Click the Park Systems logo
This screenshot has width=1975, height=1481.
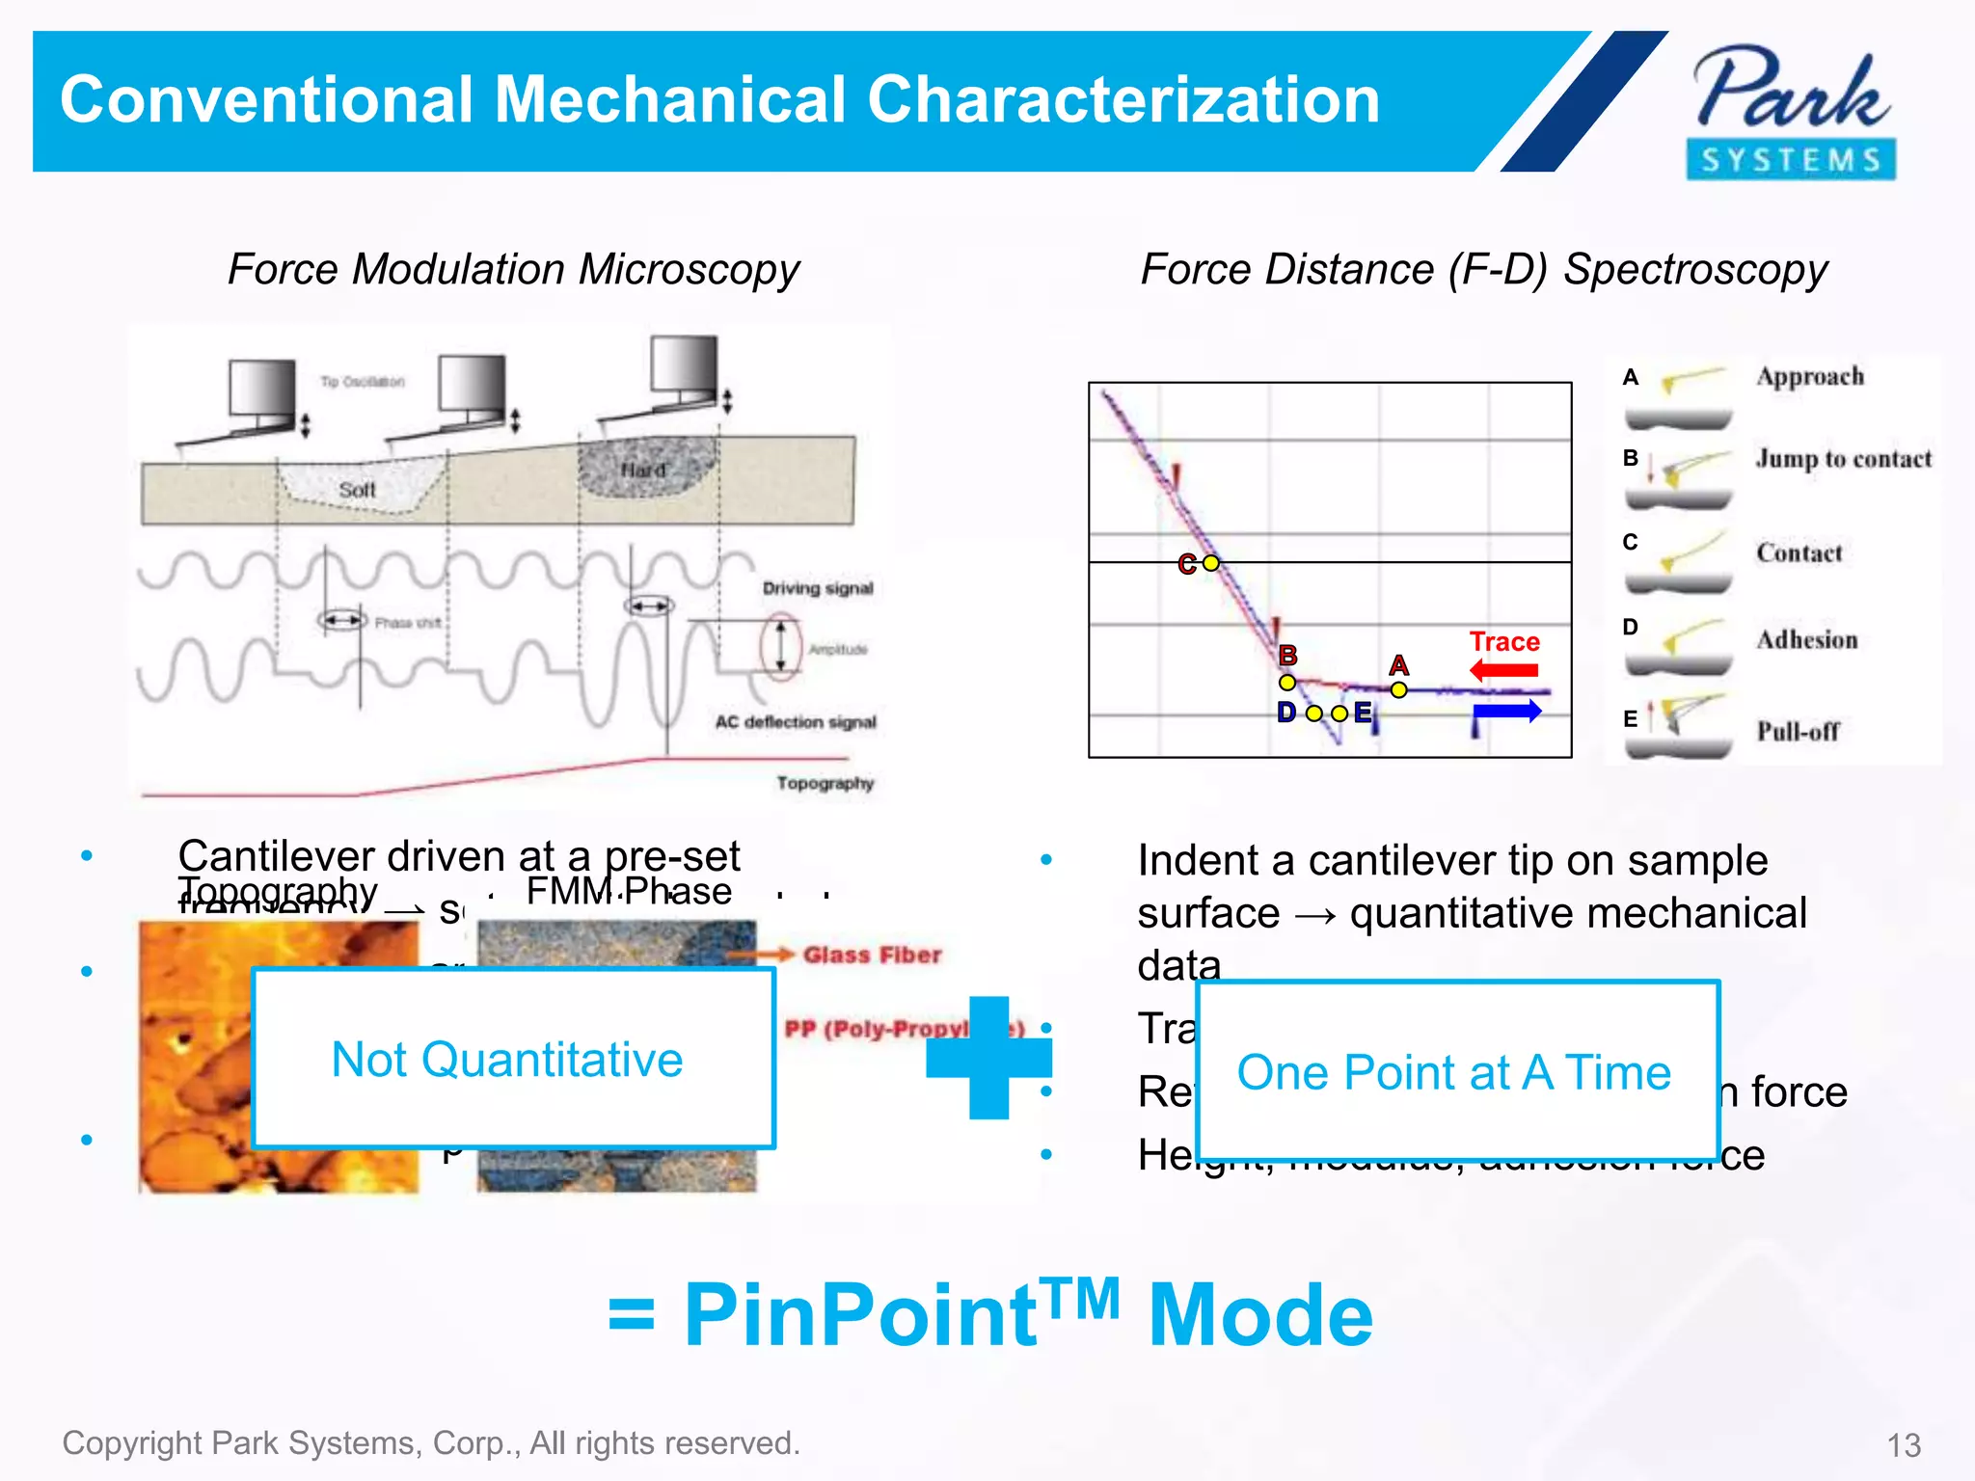(x=1792, y=111)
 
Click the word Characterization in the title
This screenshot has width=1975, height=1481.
(x=1123, y=100)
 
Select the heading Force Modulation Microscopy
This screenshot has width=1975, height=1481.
(x=513, y=269)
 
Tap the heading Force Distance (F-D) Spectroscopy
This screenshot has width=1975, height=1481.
(x=1483, y=269)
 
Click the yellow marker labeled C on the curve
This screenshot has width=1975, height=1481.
(x=1211, y=563)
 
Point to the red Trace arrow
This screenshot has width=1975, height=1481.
(x=1504, y=670)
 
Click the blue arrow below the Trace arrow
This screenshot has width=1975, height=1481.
(x=1507, y=713)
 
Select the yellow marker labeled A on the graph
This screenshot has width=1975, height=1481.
(x=1399, y=689)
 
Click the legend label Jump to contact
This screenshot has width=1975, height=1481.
(x=1843, y=459)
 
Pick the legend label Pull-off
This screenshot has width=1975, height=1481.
(x=1798, y=732)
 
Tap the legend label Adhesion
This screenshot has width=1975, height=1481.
(x=1806, y=640)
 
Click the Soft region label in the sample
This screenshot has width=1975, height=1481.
(x=357, y=490)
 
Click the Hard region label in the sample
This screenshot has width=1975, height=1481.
(x=643, y=471)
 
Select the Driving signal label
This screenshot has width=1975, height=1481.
(x=818, y=588)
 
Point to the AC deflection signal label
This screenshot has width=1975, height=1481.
(x=796, y=722)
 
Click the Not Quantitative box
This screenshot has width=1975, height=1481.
(x=513, y=1059)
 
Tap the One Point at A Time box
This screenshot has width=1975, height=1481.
(x=1456, y=1071)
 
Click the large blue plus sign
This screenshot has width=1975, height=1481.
(x=988, y=1058)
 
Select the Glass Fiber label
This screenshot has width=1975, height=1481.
(x=872, y=955)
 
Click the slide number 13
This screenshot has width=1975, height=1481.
(x=1904, y=1445)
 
